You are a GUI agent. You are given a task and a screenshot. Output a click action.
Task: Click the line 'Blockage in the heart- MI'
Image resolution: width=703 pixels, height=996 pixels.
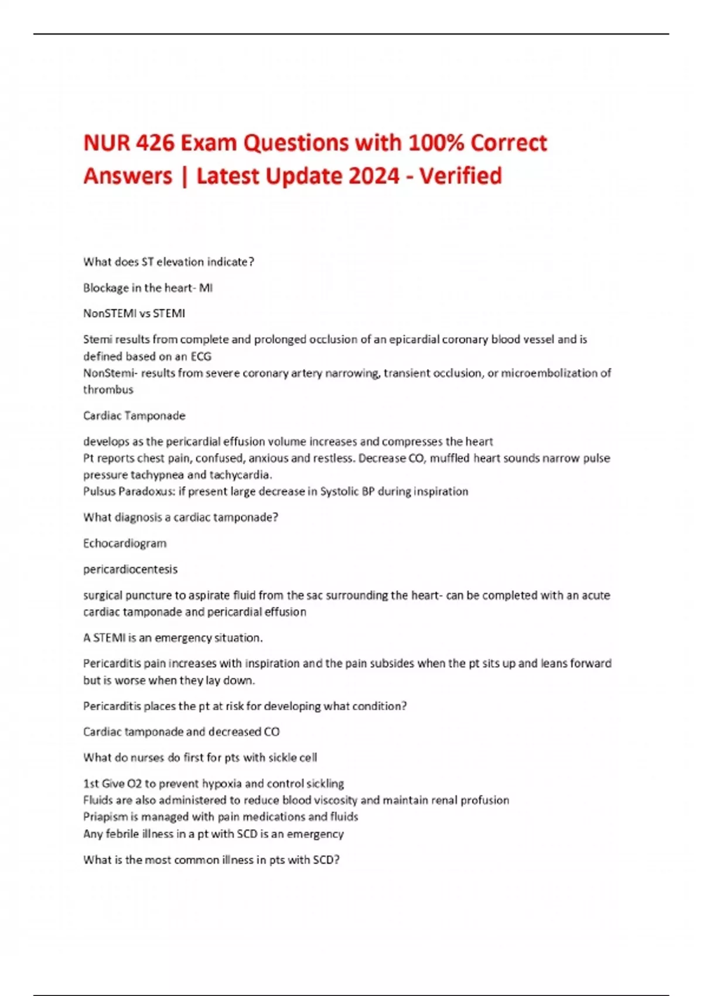(x=148, y=288)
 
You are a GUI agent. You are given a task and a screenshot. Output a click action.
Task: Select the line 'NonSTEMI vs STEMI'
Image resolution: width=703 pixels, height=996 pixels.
(x=134, y=313)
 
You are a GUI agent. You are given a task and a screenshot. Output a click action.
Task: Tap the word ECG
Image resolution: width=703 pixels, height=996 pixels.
(x=201, y=356)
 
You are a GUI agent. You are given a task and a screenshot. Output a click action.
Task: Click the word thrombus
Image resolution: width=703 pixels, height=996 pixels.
(x=108, y=390)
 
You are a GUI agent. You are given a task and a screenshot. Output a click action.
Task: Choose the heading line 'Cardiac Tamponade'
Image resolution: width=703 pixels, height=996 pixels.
(x=134, y=415)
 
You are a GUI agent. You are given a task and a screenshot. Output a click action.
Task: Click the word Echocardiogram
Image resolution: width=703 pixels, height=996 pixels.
(x=125, y=543)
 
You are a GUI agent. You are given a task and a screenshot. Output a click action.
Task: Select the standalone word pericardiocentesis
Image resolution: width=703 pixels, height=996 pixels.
(x=130, y=569)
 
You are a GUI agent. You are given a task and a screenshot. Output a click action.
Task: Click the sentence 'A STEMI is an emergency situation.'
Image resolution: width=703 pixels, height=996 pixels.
(x=173, y=637)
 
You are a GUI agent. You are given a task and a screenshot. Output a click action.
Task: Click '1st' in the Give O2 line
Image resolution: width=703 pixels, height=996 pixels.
(x=91, y=783)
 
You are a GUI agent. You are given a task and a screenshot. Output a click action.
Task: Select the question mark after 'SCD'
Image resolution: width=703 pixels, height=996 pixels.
(x=337, y=859)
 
